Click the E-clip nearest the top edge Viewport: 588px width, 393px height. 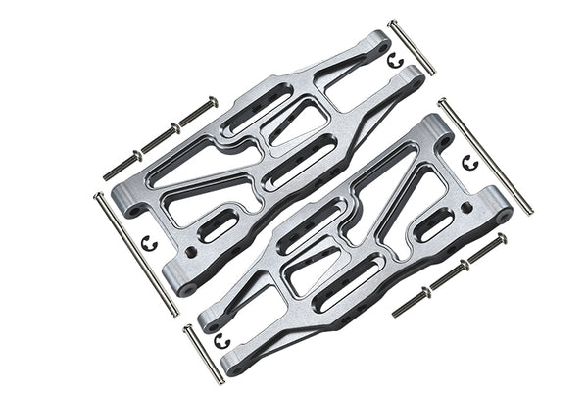pyautogui.click(x=396, y=61)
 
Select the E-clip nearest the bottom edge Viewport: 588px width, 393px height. pyautogui.click(x=221, y=340)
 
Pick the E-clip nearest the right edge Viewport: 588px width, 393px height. pyautogui.click(x=468, y=160)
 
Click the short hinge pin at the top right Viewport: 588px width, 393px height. pyautogui.click(x=412, y=46)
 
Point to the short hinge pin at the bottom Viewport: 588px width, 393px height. pyautogui.click(x=203, y=354)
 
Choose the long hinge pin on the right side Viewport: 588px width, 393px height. pyautogui.click(x=485, y=156)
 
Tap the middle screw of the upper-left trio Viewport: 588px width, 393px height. pyautogui.click(x=161, y=136)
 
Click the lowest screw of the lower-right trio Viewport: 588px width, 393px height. pyautogui.click(x=412, y=301)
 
